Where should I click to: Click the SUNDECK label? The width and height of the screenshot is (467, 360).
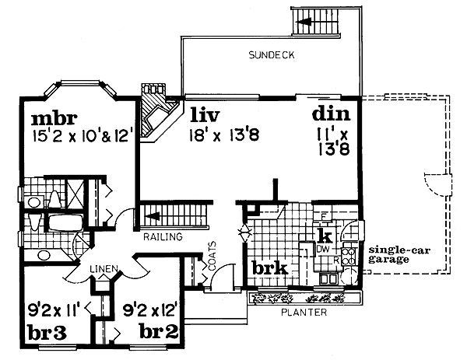click(272, 55)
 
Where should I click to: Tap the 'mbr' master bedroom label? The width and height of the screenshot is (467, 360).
click(54, 119)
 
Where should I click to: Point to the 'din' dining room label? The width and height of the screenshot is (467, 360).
click(331, 114)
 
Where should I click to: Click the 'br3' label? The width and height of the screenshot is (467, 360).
click(47, 332)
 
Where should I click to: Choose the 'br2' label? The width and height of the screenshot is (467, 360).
click(159, 331)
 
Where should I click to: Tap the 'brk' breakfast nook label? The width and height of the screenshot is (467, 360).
click(270, 268)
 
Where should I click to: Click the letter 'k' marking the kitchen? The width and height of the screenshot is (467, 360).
click(325, 236)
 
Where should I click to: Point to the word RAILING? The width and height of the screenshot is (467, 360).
click(163, 237)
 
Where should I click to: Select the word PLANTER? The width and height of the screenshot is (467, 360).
click(304, 313)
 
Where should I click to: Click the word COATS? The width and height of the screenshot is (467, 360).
click(212, 256)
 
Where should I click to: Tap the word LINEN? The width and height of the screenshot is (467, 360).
click(104, 269)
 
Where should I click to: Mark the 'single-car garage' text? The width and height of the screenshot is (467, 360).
click(399, 255)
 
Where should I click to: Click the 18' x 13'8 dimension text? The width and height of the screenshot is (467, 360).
click(224, 135)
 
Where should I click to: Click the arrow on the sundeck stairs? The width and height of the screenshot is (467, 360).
click(304, 22)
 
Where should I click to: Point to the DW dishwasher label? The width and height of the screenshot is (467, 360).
click(323, 249)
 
